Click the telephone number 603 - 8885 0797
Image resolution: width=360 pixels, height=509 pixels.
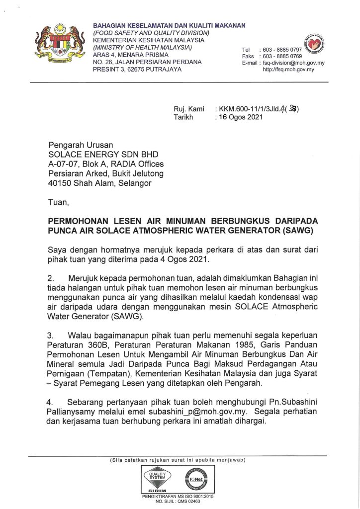pyautogui.click(x=281, y=50)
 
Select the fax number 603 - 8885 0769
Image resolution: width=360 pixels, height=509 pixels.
pyautogui.click(x=281, y=57)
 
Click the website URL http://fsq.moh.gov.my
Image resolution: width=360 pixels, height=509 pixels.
pyautogui.click(x=288, y=70)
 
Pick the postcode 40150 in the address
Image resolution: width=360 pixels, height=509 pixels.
pyautogui.click(x=59, y=183)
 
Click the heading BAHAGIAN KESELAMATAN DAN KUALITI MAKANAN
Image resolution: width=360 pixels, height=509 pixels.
pyautogui.click(x=169, y=25)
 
